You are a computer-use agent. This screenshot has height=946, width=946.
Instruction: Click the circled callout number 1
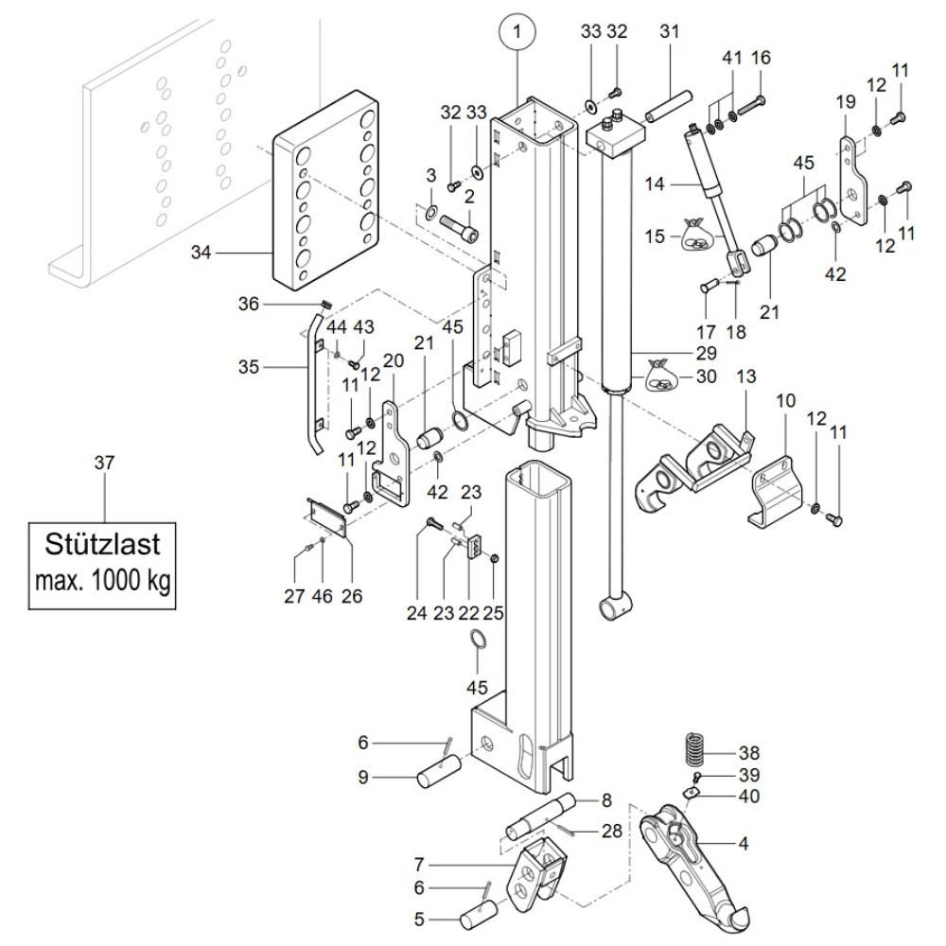tap(517, 33)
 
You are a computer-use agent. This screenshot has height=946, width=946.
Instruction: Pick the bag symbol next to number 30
tap(662, 377)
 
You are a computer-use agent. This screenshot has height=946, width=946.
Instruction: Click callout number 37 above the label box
tap(103, 463)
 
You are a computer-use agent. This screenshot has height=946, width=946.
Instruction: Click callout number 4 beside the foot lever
tap(743, 843)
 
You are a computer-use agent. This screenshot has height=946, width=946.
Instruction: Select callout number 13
tap(746, 377)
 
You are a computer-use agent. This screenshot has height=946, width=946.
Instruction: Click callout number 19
tap(843, 101)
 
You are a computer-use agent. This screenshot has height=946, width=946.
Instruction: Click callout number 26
tap(352, 596)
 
